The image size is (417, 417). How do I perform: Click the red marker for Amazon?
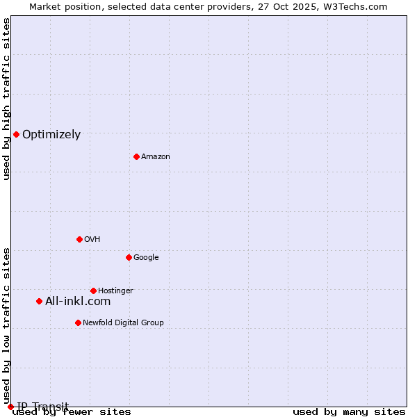[136, 156]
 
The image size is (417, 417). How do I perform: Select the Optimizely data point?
[16, 134]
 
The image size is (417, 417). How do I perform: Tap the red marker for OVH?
[79, 239]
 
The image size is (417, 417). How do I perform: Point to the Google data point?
[129, 257]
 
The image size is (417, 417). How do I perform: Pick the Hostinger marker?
[93, 291]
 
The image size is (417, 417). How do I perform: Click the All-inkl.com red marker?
[39, 301]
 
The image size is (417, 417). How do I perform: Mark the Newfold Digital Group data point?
[78, 322]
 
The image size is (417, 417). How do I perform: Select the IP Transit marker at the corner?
[10, 407]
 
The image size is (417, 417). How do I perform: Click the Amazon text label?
[156, 156]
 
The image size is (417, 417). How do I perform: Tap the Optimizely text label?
[51, 135]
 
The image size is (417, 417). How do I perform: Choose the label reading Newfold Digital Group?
[123, 322]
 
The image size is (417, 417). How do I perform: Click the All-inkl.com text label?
[78, 301]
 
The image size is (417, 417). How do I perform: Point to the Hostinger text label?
[115, 291]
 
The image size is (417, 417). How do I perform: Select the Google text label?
[146, 257]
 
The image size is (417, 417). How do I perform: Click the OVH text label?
[92, 239]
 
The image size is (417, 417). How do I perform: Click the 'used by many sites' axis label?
[349, 412]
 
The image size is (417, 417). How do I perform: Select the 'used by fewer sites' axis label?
[72, 412]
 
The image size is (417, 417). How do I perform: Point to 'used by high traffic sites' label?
[6, 99]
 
